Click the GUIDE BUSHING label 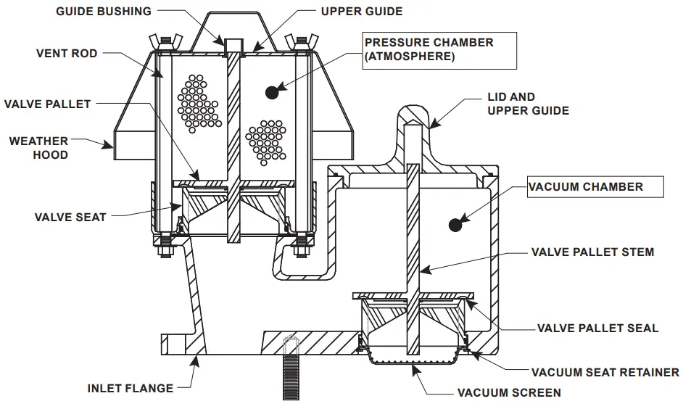click(104, 11)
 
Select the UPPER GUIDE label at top click(361, 11)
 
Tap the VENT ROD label click(67, 54)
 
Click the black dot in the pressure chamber click(272, 91)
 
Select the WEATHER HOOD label click(39, 148)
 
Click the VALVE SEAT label click(70, 217)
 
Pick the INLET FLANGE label click(131, 388)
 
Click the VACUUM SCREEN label click(509, 393)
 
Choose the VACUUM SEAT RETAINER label click(605, 373)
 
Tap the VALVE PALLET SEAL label click(597, 328)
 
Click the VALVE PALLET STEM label click(592, 252)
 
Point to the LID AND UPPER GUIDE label click(528, 104)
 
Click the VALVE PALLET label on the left click(48, 104)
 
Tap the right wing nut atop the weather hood click(297, 41)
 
